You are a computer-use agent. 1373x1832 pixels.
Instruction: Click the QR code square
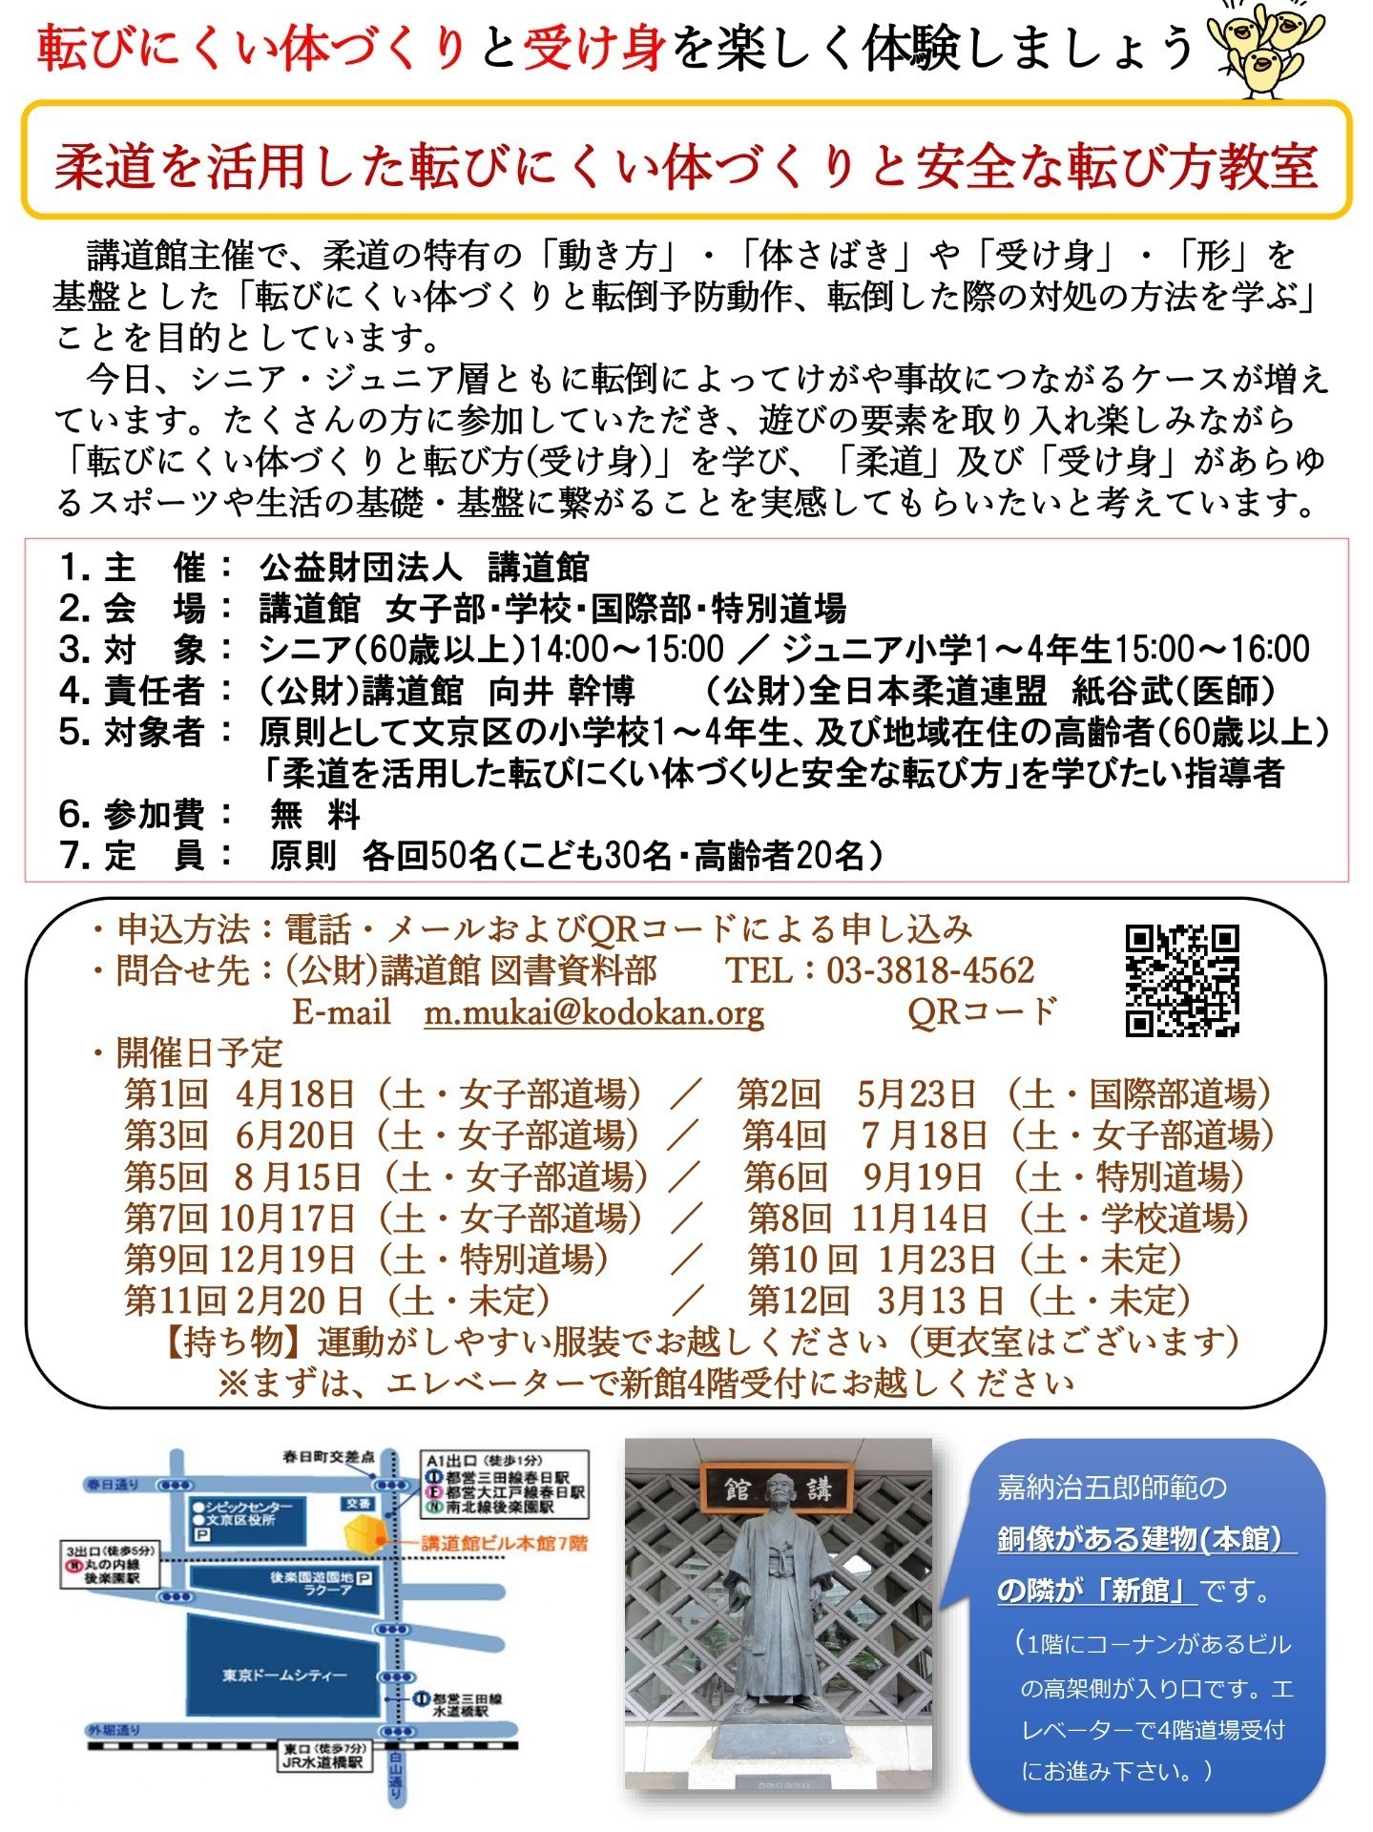pyautogui.click(x=1181, y=980)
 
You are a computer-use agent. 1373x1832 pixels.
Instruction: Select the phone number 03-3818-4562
pyautogui.click(x=930, y=970)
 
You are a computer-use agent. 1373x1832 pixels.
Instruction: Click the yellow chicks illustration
pyautogui.click(x=1255, y=48)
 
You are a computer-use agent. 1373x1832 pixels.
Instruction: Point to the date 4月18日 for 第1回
pyautogui.click(x=295, y=1094)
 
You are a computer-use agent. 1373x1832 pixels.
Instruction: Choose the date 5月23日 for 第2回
pyautogui.click(x=916, y=1094)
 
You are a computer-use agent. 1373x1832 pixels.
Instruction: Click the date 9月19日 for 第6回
pyautogui.click(x=922, y=1177)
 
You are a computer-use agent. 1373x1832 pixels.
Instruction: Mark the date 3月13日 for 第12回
pyautogui.click(x=940, y=1301)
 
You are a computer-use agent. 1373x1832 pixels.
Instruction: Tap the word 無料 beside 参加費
pyautogui.click(x=315, y=815)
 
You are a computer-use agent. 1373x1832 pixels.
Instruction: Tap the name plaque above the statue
pyautogui.click(x=778, y=1488)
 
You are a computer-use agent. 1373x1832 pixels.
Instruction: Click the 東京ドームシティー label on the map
pyautogui.click(x=284, y=1676)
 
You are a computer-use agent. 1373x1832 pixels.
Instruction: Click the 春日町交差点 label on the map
pyautogui.click(x=328, y=1458)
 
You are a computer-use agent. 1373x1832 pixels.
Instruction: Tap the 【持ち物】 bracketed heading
pyautogui.click(x=238, y=1342)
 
